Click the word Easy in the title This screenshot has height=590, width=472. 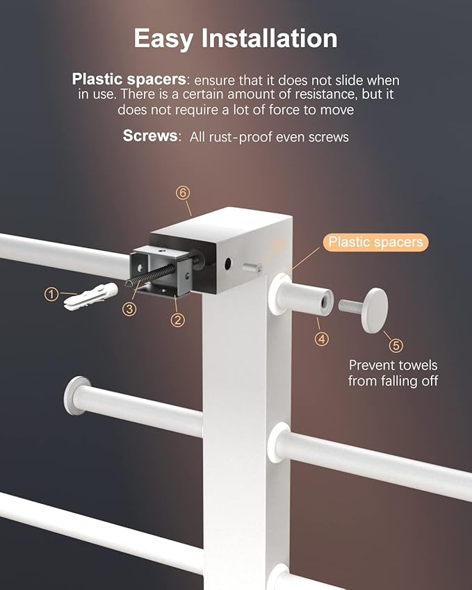coord(163,39)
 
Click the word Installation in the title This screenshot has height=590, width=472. coord(270,38)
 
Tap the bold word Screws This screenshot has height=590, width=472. coord(150,136)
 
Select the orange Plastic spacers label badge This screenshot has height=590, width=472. coord(375,242)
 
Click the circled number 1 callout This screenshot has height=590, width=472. coord(51,294)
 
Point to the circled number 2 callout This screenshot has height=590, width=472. coord(178,320)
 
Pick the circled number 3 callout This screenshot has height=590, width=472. coord(129,309)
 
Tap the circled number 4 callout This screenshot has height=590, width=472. coord(321,339)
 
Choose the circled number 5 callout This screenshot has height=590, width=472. coord(396,345)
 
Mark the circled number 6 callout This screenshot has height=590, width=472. coord(183,192)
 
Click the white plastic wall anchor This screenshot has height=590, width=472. coord(90,297)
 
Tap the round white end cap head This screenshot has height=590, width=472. coord(375,311)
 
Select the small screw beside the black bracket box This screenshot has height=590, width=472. coord(252,268)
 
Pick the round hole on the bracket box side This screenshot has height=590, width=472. coord(228,264)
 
